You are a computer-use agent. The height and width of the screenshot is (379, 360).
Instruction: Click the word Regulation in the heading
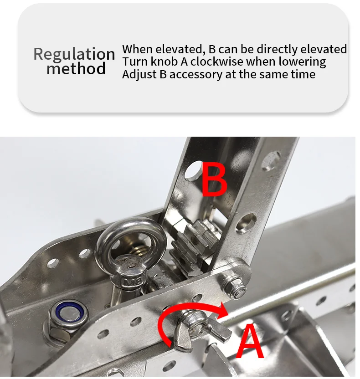pyautogui.click(x=74, y=55)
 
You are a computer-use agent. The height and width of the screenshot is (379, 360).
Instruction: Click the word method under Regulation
pyautogui.click(x=76, y=68)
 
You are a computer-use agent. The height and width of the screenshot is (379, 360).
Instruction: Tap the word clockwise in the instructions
pyautogui.click(x=216, y=61)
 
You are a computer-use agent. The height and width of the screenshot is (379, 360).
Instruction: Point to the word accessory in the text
pyautogui.click(x=195, y=75)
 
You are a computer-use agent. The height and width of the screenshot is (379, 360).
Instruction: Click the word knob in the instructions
pyautogui.click(x=164, y=61)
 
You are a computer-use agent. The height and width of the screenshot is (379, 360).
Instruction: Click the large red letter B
pyautogui.click(x=214, y=179)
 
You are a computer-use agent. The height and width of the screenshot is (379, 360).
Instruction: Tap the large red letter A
pyautogui.click(x=250, y=341)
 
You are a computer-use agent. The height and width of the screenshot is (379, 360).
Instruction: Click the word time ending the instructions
pyautogui.click(x=303, y=74)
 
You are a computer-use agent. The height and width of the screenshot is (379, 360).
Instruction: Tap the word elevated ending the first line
pyautogui.click(x=324, y=49)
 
